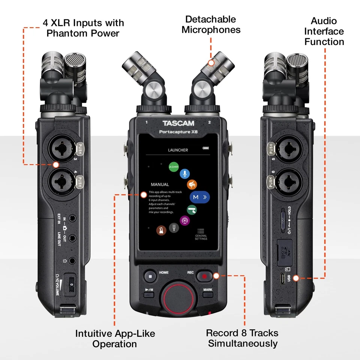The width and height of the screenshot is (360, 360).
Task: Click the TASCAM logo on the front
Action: point(178,123)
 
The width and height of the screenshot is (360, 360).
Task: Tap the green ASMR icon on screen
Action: point(173,166)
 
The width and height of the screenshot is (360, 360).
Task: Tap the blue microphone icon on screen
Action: point(184,174)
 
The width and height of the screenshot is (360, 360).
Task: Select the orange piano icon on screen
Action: point(192,184)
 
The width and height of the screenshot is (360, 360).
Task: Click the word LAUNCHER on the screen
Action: point(178,150)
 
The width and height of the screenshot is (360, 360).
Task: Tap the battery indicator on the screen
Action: point(205,148)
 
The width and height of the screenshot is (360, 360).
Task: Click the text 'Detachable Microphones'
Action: point(211,24)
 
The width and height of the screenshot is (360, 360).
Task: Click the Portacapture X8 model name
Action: point(178,132)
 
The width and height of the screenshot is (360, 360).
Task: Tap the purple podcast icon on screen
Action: point(184,220)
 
